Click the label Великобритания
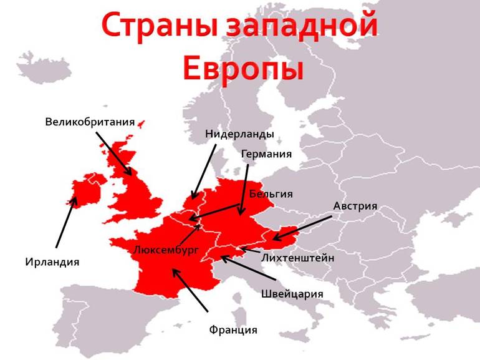90,121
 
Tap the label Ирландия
52,261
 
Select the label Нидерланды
239,134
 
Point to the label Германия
266,153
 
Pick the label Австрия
355,206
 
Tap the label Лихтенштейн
298,257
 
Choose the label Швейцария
292,293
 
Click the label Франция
233,329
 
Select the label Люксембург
166,250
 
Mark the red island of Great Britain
134,187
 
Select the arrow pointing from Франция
190,289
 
